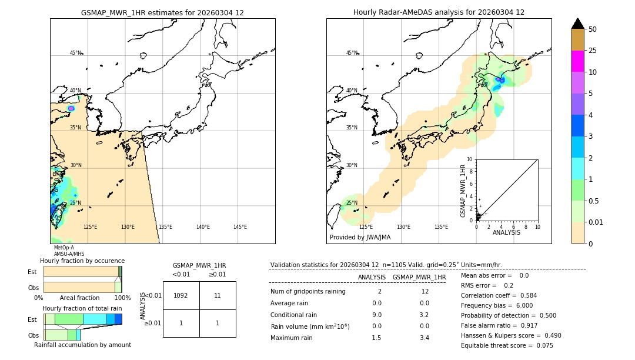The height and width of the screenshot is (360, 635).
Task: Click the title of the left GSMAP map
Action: point(162,12)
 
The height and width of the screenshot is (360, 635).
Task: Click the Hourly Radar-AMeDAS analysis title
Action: point(439,12)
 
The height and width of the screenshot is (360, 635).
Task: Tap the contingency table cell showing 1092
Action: point(181,296)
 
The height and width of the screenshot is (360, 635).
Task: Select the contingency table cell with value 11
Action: point(218,296)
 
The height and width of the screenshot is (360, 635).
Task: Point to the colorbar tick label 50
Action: point(593,29)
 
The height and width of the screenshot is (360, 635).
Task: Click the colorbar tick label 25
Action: point(593,51)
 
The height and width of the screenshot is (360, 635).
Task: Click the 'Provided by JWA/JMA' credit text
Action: point(360,238)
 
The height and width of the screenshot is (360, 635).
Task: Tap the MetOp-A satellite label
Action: point(64,248)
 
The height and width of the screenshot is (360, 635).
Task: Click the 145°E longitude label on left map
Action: point(240,227)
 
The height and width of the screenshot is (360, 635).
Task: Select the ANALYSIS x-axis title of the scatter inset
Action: point(506,232)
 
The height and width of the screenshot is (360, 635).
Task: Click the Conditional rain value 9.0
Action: point(376,315)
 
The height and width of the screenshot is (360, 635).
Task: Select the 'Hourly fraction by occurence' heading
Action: point(82,261)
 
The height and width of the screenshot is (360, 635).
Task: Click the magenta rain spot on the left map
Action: point(71,108)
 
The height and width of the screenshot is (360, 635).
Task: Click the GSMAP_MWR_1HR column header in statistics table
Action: point(419,277)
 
